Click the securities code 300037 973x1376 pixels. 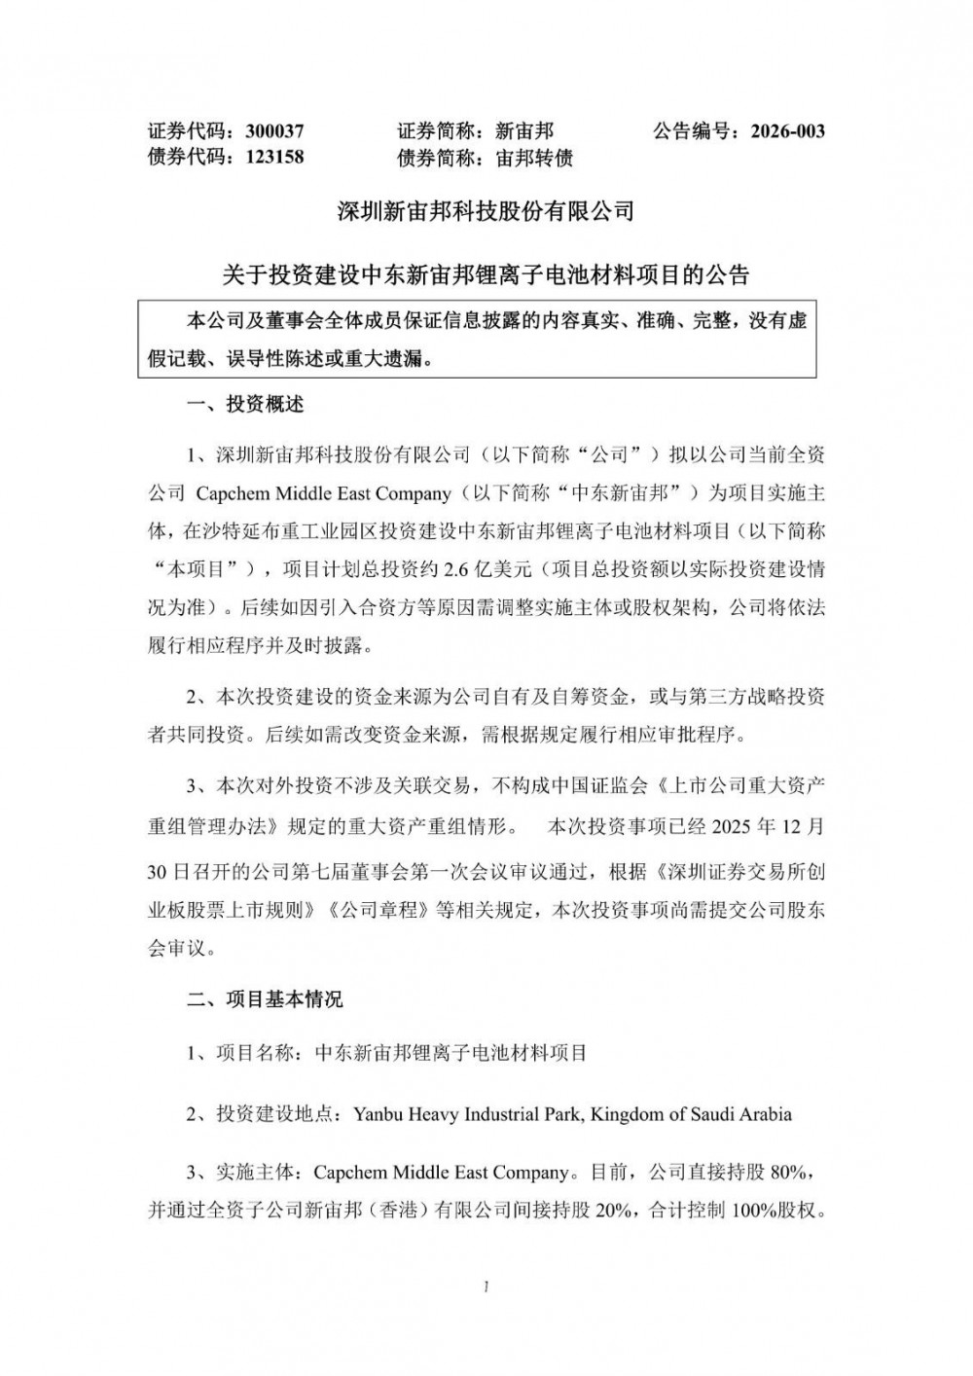[275, 130]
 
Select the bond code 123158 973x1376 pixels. [275, 157]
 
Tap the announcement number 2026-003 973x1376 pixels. [787, 130]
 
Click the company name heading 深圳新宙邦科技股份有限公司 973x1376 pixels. [486, 210]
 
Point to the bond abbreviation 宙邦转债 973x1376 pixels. [534, 157]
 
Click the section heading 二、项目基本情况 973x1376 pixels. [265, 998]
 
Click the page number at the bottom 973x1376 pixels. [486, 1287]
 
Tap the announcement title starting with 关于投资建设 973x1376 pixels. [486, 275]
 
